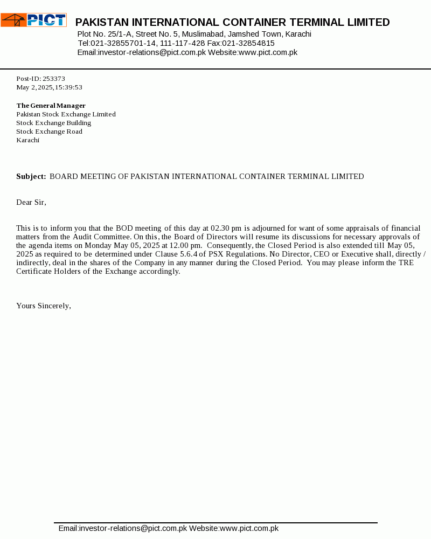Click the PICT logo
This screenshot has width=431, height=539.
33,20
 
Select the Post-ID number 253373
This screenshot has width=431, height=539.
54,79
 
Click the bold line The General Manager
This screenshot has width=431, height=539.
51,106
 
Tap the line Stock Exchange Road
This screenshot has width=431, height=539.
49,132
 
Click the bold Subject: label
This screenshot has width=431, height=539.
31,176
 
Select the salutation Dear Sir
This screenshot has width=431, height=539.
31,202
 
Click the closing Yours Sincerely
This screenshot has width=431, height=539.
44,306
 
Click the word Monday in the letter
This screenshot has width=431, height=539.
97,245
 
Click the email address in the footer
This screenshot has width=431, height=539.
122,528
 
